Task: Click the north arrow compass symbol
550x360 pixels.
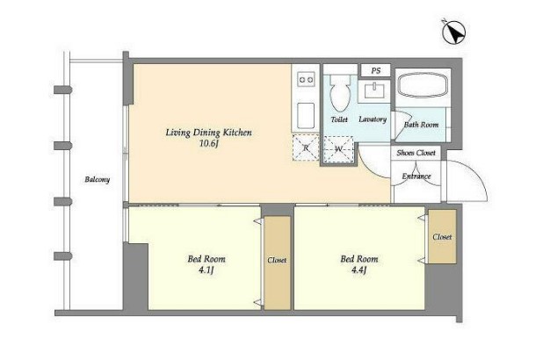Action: click(x=453, y=32)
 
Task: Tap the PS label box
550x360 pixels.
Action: click(x=376, y=70)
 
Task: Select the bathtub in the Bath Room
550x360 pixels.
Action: click(x=423, y=86)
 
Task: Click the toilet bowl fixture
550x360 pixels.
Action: click(x=340, y=93)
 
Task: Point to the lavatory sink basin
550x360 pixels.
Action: click(x=374, y=90)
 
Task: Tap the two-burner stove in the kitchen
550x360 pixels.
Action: click(x=306, y=80)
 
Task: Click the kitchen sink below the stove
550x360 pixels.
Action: click(x=305, y=116)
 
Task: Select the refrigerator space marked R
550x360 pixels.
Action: click(x=306, y=148)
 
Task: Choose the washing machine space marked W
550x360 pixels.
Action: click(x=338, y=149)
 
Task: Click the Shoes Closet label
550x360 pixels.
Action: click(x=416, y=153)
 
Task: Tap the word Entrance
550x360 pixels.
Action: click(x=416, y=176)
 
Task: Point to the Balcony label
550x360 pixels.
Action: click(x=98, y=179)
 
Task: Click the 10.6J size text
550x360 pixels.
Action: click(x=209, y=144)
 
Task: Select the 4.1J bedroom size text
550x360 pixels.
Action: click(x=206, y=270)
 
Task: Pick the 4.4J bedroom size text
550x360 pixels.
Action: click(x=358, y=270)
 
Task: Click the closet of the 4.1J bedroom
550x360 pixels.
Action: click(x=277, y=263)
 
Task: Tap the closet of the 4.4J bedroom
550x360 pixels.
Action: click(x=442, y=236)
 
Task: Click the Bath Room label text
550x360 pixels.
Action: click(x=421, y=125)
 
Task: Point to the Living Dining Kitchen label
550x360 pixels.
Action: click(x=209, y=133)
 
